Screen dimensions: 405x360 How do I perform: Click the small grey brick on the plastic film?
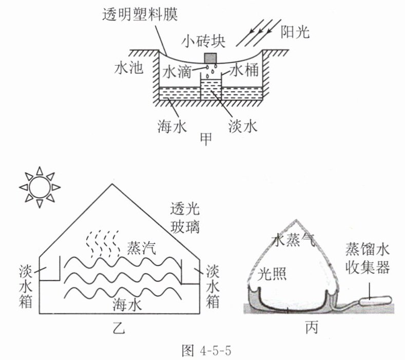click(210, 58)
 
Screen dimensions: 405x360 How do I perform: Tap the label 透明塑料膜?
click(140, 14)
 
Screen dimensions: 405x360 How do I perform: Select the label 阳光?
click(295, 32)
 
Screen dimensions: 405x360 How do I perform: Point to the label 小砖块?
click(203, 42)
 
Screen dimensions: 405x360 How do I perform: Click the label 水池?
click(129, 68)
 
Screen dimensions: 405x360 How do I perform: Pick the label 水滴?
click(177, 71)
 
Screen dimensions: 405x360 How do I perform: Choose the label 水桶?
click(244, 70)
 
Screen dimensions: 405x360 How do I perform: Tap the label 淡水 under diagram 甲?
click(242, 127)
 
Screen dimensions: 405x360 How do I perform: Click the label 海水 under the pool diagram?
click(172, 127)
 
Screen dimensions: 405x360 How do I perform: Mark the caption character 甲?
click(206, 139)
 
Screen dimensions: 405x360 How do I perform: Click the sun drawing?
click(40, 187)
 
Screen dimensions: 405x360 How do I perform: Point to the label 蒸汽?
click(141, 248)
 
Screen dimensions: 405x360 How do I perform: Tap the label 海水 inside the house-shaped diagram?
click(127, 305)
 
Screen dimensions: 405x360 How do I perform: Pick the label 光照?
click(272, 273)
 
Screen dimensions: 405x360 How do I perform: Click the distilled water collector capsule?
click(375, 300)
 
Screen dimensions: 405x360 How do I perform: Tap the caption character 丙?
click(312, 328)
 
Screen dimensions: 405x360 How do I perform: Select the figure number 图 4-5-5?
click(206, 350)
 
